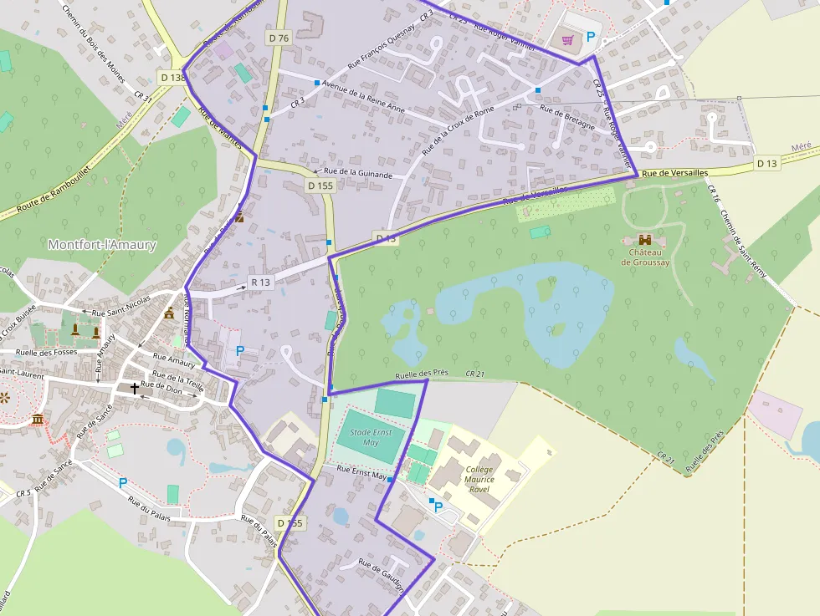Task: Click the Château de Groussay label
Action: click(x=645, y=257)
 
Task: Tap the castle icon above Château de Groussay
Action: click(x=645, y=240)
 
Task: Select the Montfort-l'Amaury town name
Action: click(x=102, y=245)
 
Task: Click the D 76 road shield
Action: click(x=279, y=38)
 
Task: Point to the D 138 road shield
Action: click(x=172, y=78)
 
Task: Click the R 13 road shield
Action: click(x=261, y=283)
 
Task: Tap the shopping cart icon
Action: click(x=569, y=38)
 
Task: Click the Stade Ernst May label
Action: click(x=372, y=437)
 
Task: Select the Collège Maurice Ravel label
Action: click(x=479, y=479)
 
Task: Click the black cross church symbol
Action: click(x=135, y=389)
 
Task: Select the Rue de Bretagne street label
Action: click(x=568, y=118)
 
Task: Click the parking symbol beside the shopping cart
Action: click(x=591, y=38)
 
